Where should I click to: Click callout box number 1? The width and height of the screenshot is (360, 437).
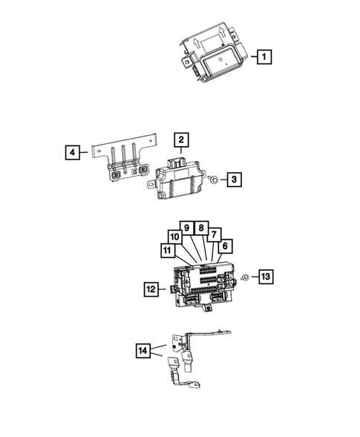pyautogui.click(x=262, y=56)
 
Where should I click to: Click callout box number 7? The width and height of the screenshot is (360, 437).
pyautogui.click(x=215, y=234)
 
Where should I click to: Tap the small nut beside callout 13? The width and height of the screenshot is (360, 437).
pyautogui.click(x=243, y=277)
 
